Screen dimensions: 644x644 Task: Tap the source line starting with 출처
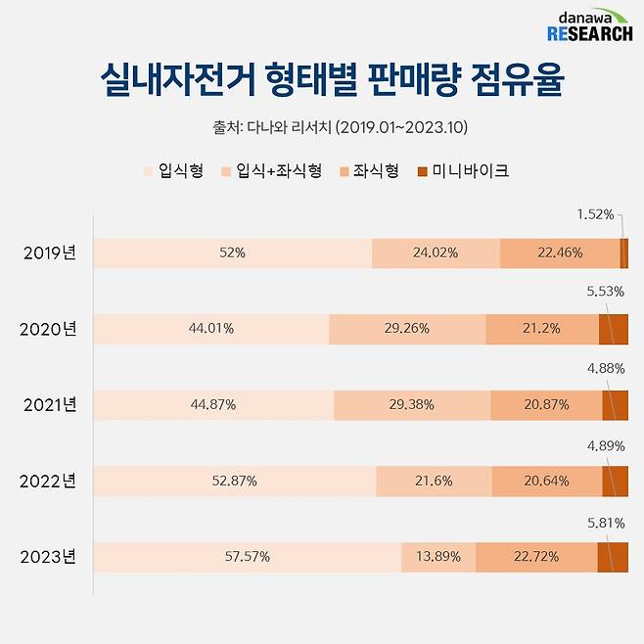(321, 127)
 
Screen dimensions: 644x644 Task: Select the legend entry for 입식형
(174, 171)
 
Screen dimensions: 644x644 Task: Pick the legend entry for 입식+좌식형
(274, 171)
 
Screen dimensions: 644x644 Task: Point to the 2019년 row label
(50, 253)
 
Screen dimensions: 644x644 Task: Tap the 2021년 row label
(50, 405)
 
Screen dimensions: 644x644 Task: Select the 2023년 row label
(50, 558)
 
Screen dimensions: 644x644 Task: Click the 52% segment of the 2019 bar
(233, 253)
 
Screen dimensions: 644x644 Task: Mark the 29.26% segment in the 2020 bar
(406, 329)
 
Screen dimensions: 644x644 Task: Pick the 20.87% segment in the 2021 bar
(545, 405)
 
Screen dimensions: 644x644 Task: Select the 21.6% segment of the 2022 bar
(434, 482)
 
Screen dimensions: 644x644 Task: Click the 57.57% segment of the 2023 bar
(247, 557)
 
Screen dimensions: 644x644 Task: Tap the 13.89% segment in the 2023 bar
(437, 557)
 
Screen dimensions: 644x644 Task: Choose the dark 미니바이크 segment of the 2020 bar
(614, 329)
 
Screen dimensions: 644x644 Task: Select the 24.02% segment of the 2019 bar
(436, 253)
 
